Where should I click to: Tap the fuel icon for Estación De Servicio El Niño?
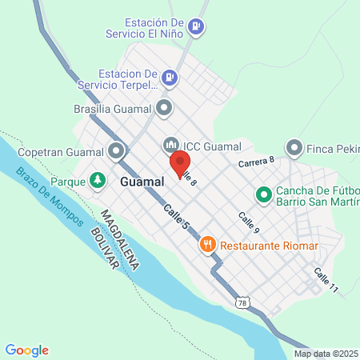196,28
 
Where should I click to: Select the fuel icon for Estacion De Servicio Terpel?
169,78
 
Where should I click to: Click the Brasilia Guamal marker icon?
165,106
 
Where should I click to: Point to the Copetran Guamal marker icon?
117,150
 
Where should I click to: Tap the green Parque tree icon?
98,181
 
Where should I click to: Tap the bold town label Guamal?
142,182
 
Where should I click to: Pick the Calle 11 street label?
326,279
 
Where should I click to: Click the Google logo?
26,350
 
